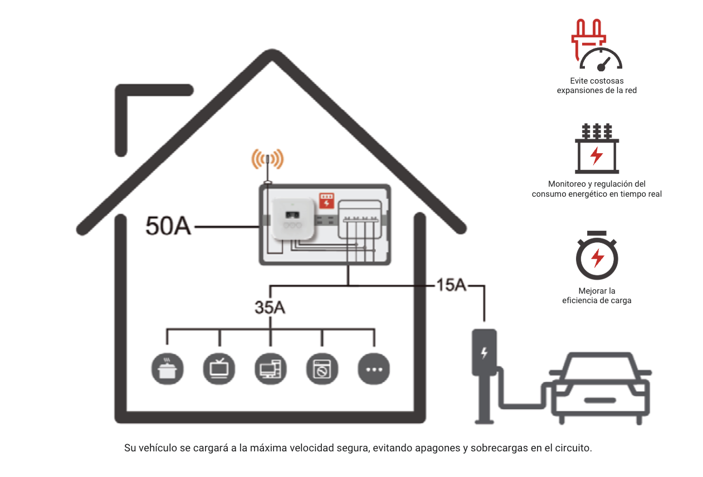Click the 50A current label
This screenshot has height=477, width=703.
click(168, 226)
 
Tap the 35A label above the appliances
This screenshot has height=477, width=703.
click(270, 308)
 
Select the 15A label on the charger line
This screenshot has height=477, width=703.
click(451, 285)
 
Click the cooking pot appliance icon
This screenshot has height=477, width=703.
click(167, 369)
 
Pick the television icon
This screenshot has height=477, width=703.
click(219, 369)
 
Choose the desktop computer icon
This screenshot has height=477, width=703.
click(271, 369)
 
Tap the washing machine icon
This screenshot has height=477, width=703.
click(323, 369)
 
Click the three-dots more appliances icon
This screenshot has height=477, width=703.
click(374, 369)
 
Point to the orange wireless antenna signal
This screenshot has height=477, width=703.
click(267, 159)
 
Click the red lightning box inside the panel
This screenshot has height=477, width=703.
click(326, 201)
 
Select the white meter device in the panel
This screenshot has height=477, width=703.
click(293, 218)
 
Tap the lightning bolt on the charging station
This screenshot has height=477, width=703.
click(484, 352)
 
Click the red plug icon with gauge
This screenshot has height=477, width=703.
click(596, 45)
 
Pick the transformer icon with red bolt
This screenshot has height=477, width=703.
click(597, 149)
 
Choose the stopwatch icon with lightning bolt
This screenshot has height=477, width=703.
click(597, 255)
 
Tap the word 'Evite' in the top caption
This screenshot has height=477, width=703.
click(578, 81)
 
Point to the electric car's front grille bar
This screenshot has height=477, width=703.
click(600, 400)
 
